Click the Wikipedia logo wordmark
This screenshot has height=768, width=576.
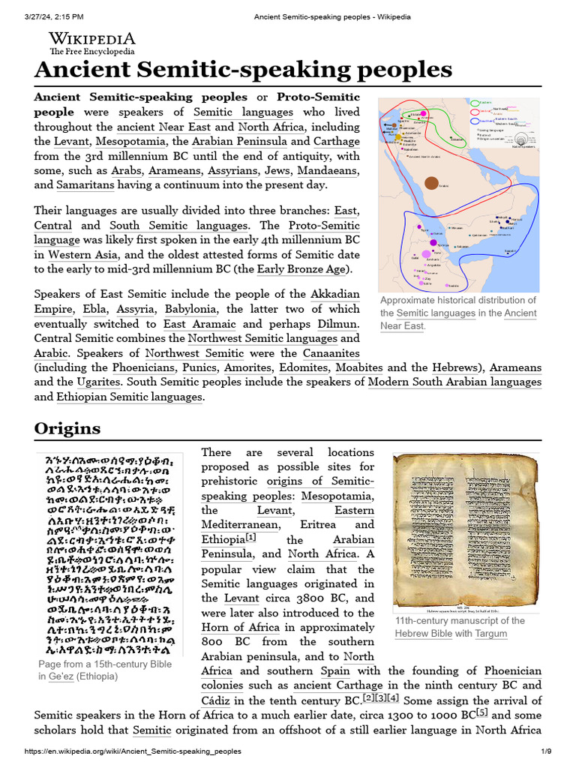pos(91,39)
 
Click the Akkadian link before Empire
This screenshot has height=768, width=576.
pos(313,294)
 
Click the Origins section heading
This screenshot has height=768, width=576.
pos(67,428)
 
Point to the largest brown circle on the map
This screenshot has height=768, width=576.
pos(431,182)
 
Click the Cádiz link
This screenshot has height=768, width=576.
pos(215,700)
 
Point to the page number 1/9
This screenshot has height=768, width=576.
pos(547,751)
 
